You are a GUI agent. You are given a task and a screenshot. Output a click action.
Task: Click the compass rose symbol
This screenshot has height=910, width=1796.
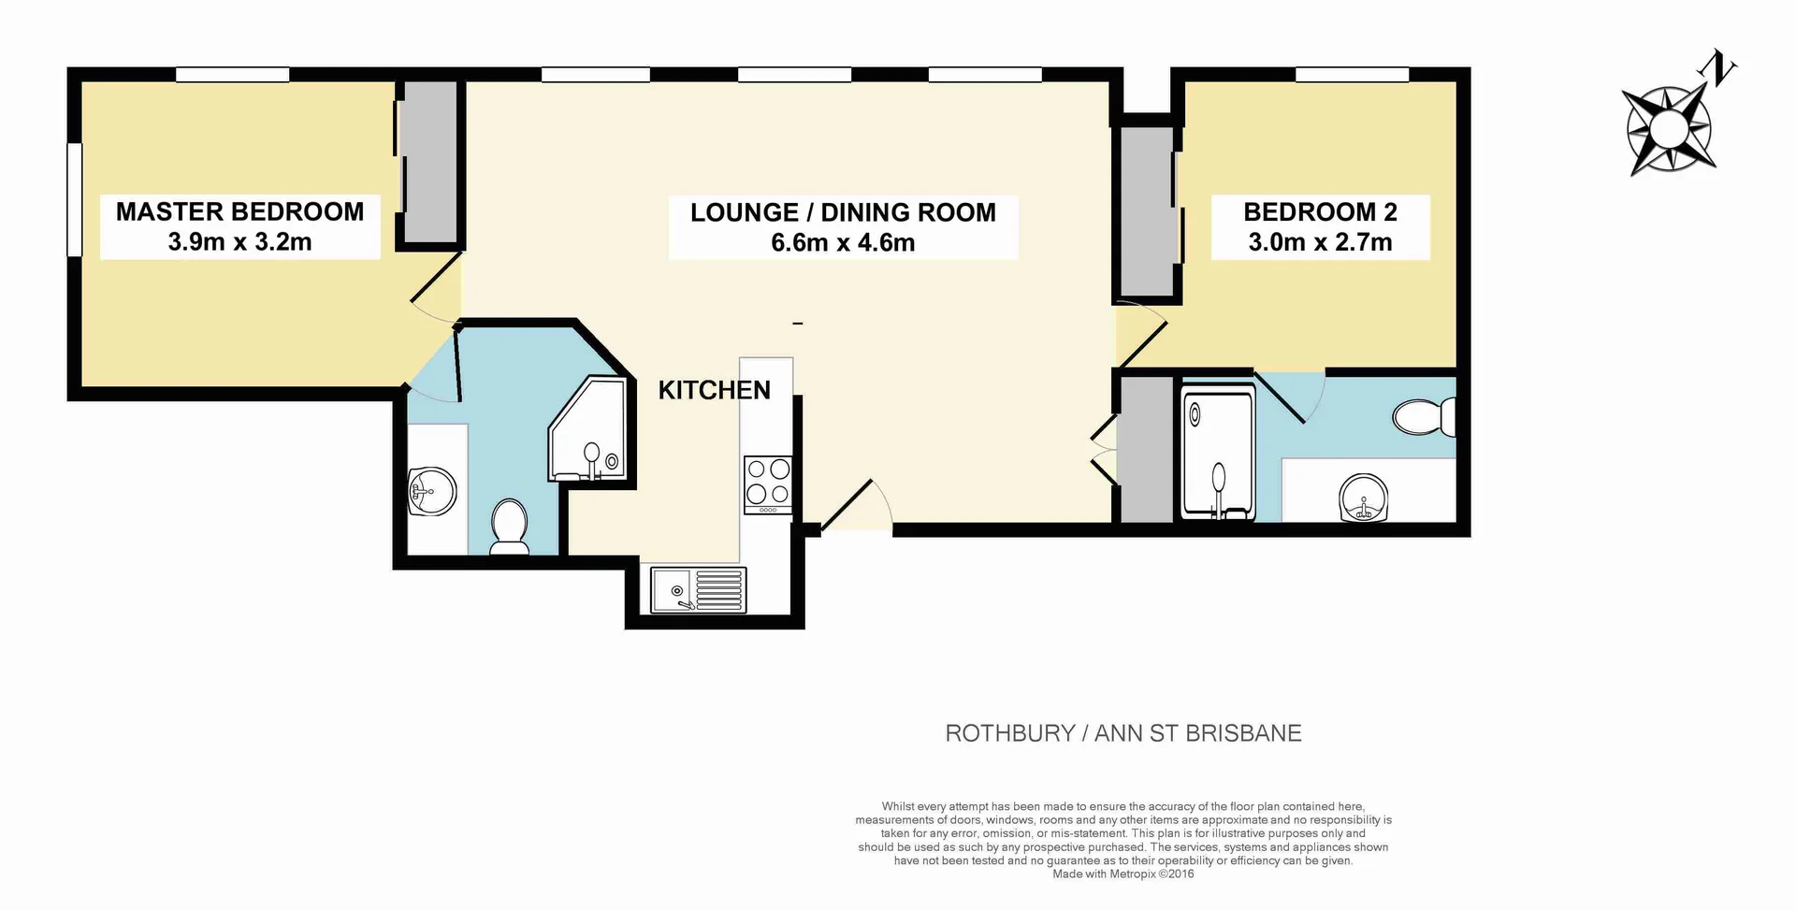1670,129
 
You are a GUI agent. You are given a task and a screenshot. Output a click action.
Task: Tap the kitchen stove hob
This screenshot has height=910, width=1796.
768,483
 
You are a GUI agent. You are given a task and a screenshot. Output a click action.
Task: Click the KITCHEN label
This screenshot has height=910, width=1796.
714,390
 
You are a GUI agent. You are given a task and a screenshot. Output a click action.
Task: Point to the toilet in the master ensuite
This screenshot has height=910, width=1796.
510,527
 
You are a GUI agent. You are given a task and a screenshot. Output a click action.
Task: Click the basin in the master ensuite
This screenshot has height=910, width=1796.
432,491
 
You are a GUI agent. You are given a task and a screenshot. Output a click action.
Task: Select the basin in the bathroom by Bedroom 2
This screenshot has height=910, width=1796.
1363,498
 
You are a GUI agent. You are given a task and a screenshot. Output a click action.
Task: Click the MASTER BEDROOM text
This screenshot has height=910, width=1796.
239,211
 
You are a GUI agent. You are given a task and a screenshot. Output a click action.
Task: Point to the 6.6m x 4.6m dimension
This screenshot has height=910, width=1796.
843,243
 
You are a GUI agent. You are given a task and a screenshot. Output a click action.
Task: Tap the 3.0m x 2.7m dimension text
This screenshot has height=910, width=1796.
1320,242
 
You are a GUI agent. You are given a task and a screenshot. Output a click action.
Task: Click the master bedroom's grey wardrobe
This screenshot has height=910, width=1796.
430,161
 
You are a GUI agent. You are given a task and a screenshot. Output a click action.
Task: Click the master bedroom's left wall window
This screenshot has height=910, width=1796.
75,199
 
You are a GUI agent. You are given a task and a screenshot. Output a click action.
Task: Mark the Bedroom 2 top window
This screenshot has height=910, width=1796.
1352,75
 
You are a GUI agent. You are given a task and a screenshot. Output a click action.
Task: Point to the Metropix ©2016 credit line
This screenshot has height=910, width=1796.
1122,874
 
